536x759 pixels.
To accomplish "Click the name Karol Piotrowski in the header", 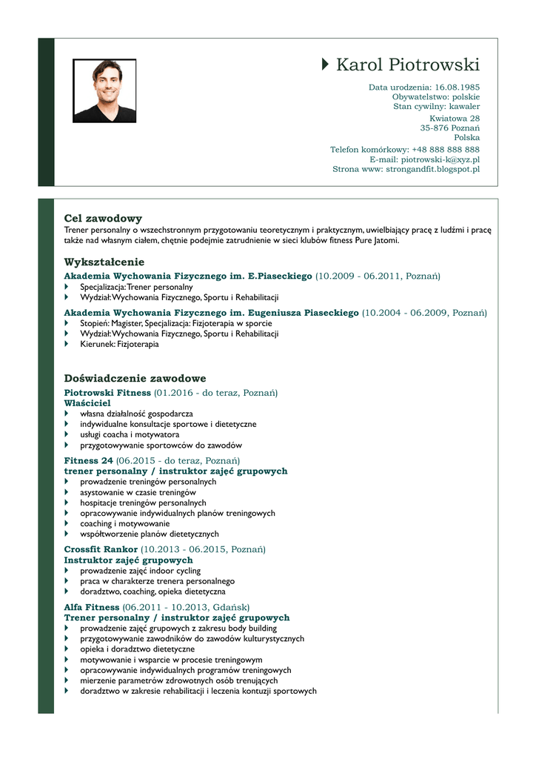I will point(407,65).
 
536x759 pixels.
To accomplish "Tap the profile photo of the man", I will point(104,90).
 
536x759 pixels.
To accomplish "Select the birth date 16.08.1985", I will point(457,87).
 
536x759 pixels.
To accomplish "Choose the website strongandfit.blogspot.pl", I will point(432,169).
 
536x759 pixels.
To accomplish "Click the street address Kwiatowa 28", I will point(454,119).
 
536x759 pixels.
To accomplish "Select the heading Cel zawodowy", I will point(103,219).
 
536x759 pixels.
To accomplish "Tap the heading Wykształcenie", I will point(104,262).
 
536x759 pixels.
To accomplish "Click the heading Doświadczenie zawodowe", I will point(135,379).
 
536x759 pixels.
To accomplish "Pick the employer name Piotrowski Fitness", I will point(107,392).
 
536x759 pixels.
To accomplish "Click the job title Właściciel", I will point(87,402).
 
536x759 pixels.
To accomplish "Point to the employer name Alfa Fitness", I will point(92,607).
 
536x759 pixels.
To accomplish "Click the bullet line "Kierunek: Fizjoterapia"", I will point(119,344).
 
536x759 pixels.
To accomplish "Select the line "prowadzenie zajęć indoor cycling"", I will point(140,571).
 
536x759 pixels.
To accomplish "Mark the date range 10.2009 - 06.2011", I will point(358,276).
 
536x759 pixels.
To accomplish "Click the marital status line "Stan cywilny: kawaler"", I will point(436,107).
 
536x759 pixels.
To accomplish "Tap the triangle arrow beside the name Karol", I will point(326,64).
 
